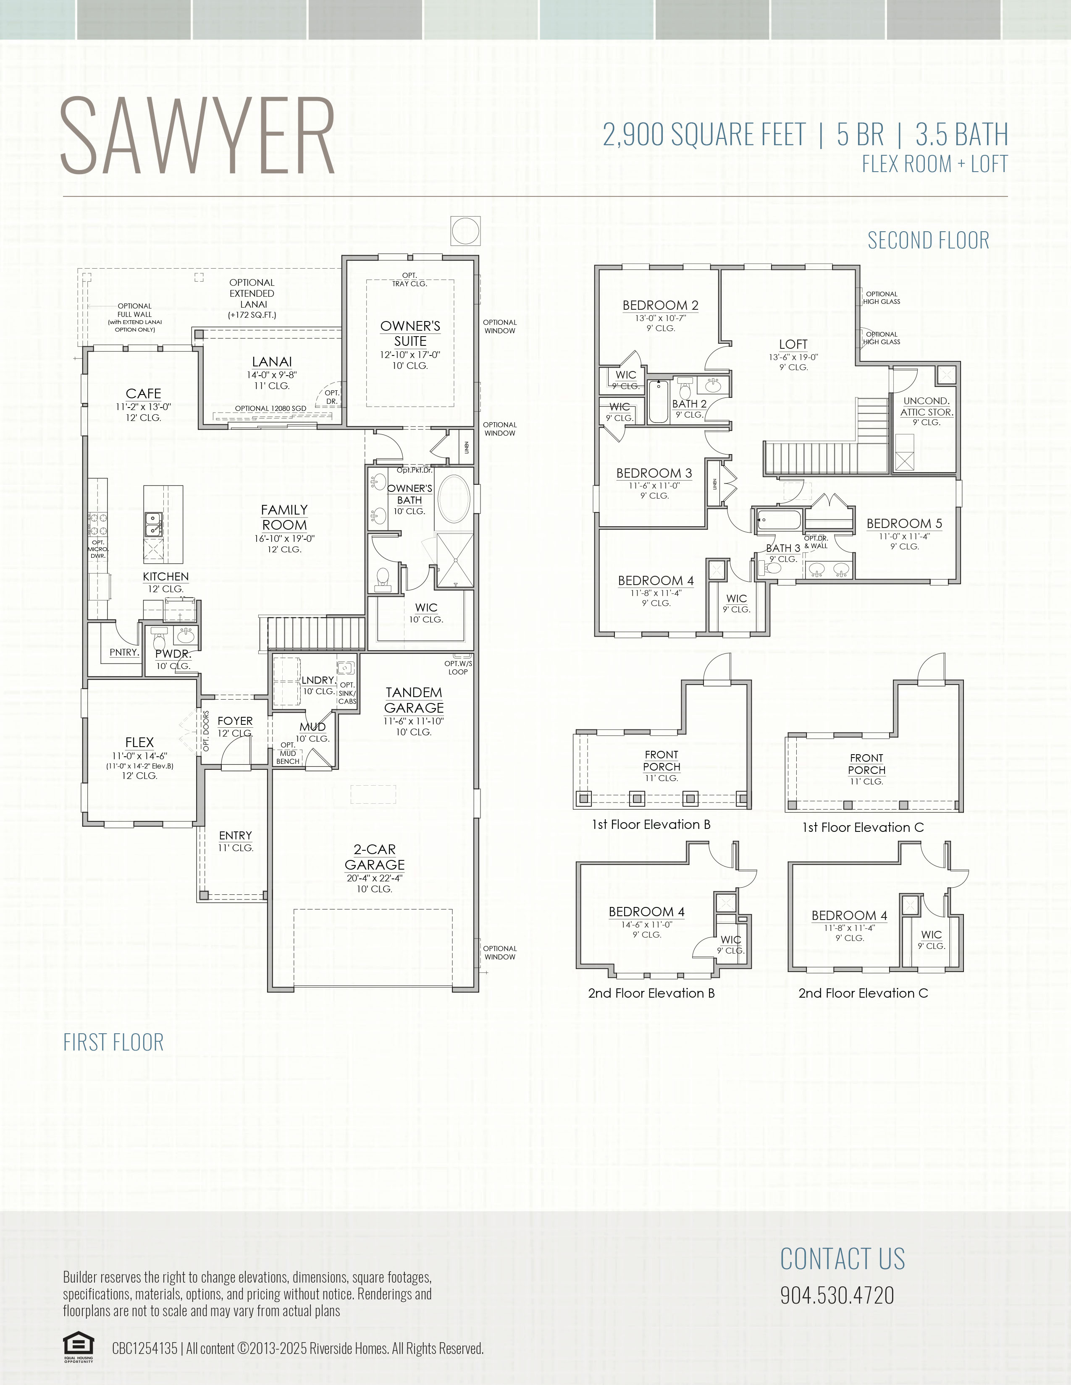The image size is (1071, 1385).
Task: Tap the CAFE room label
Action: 143,394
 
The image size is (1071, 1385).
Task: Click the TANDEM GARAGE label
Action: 414,700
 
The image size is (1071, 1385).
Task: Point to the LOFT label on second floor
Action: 793,344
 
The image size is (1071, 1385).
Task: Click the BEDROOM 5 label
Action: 904,523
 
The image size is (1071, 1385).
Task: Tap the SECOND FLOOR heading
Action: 928,240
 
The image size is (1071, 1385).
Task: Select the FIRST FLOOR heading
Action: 113,1042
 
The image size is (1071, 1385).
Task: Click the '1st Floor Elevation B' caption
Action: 651,824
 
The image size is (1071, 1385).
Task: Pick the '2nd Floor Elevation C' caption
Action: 863,993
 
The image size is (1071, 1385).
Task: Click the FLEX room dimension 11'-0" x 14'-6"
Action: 139,756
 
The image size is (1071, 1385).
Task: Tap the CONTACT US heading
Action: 843,1259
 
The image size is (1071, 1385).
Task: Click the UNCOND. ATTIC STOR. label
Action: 927,407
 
